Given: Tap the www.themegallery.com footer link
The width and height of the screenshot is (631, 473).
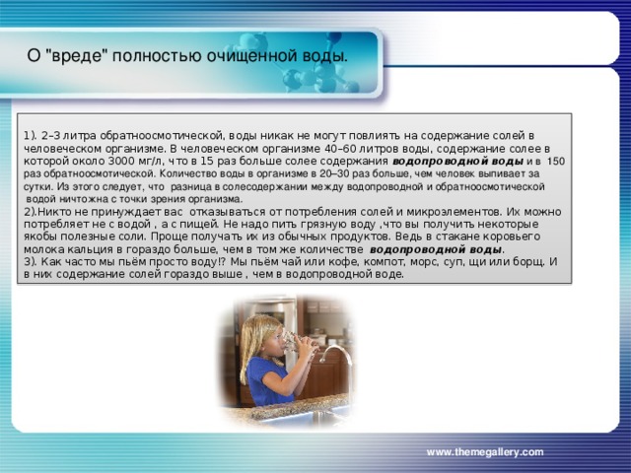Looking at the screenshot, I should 484,450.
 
